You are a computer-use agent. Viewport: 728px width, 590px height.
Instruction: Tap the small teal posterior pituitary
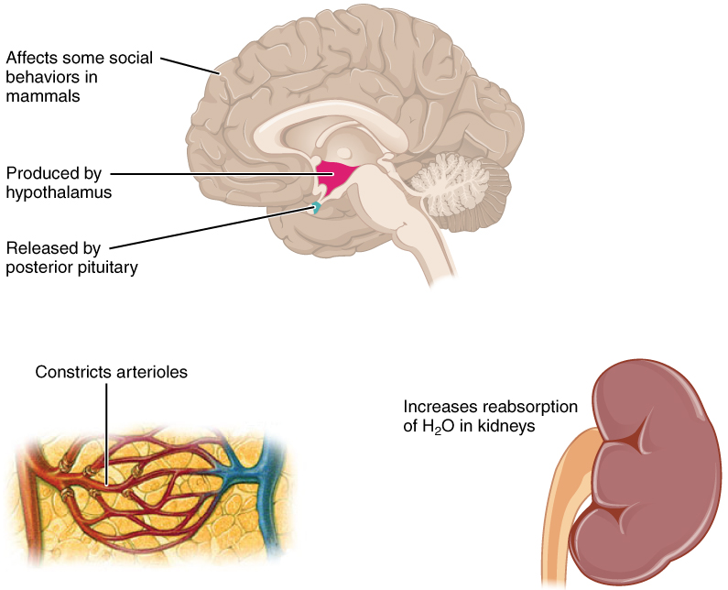pyautogui.click(x=316, y=208)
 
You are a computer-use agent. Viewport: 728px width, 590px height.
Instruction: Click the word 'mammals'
pyautogui.click(x=40, y=94)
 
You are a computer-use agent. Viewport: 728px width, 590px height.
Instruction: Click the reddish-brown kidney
pyautogui.click(x=641, y=467)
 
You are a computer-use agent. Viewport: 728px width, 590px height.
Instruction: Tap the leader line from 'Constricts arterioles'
pyautogui.click(x=106, y=431)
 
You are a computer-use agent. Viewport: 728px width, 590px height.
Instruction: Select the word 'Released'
pyautogui.click(x=36, y=247)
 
